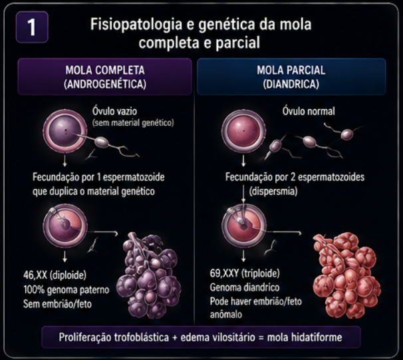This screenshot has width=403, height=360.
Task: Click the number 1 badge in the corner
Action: [x=32, y=27]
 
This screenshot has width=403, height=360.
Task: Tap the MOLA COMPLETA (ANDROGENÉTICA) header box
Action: [x=105, y=77]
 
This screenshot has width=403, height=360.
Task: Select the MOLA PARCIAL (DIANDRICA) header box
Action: [x=291, y=77]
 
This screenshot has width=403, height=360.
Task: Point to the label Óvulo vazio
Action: [x=114, y=111]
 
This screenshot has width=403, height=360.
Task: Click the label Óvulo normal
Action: [x=309, y=111]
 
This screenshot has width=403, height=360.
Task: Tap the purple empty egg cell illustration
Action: [x=65, y=131]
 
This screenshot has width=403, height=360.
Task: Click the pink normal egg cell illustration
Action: [x=243, y=131]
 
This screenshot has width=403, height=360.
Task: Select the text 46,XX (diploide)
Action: [x=55, y=275]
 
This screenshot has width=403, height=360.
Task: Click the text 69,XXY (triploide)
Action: [x=245, y=273]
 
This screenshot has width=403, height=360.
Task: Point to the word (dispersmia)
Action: [x=273, y=192]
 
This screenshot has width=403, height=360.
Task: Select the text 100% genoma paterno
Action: [x=67, y=290]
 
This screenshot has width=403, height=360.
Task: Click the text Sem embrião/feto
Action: [x=58, y=304]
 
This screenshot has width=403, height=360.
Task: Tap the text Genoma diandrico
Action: [x=245, y=287]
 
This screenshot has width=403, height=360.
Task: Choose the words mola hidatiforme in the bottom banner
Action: [x=305, y=337]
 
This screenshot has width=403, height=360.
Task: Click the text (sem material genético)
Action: [x=133, y=123]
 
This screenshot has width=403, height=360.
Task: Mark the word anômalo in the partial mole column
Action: [x=226, y=315]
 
